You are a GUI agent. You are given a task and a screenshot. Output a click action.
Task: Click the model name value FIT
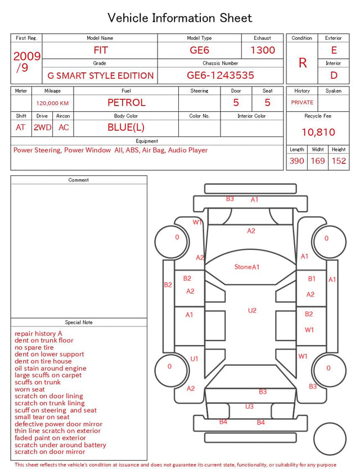[101, 50]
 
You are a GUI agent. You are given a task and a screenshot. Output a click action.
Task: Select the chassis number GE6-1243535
[220, 75]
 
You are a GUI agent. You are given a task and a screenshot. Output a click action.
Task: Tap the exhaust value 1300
[263, 50]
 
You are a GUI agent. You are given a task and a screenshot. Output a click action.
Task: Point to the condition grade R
[303, 63]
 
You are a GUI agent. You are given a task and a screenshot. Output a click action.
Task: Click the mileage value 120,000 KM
[52, 103]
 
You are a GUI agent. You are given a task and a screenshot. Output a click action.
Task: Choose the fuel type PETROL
[127, 103]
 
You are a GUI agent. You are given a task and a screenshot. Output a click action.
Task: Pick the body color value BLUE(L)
[126, 128]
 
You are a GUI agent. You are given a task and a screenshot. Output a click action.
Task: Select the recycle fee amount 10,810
[318, 132]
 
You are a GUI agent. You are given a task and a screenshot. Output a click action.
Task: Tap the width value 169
[318, 161]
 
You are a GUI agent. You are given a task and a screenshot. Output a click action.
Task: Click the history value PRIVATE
[302, 102]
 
